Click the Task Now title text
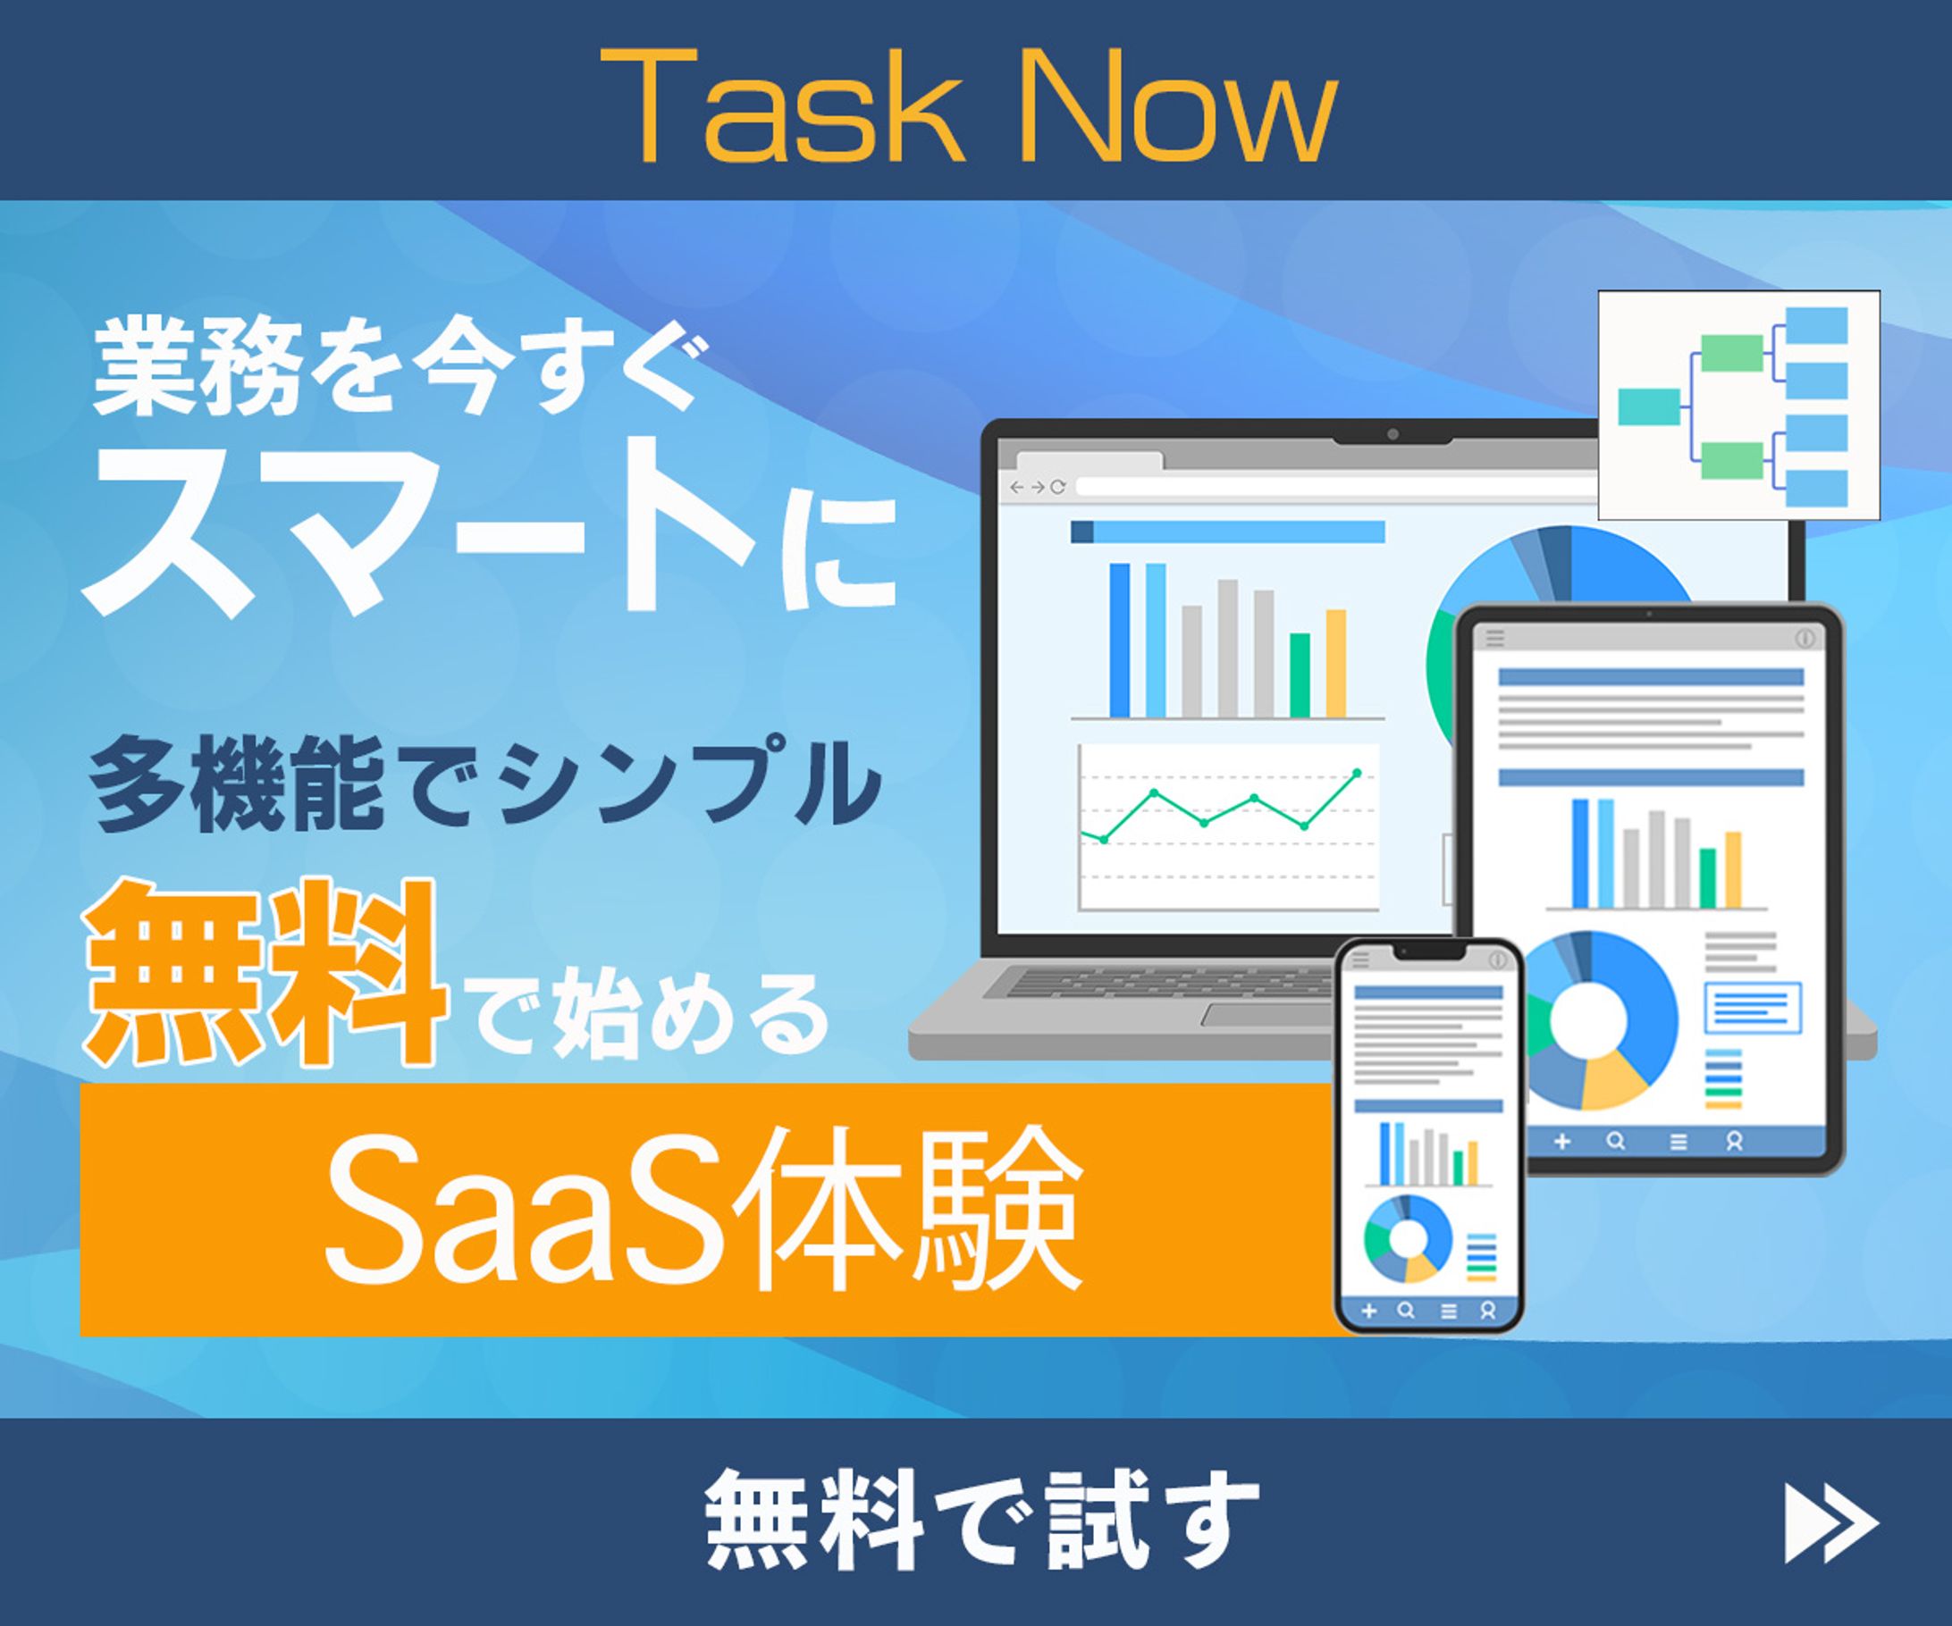[969, 107]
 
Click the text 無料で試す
[980, 1519]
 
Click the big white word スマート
[418, 530]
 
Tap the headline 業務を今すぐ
[400, 367]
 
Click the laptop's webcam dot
[1392, 435]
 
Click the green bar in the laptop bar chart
[1300, 675]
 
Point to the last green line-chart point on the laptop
[1357, 773]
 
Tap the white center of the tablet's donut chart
[1587, 1019]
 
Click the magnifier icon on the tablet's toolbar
[1616, 1141]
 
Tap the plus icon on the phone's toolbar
[1368, 1311]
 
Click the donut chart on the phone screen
[1408, 1238]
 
